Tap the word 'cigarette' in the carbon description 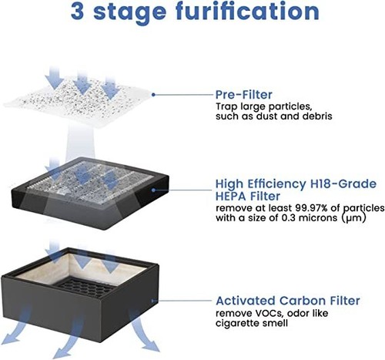(x=241, y=323)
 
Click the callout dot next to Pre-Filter (x=153, y=95)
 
